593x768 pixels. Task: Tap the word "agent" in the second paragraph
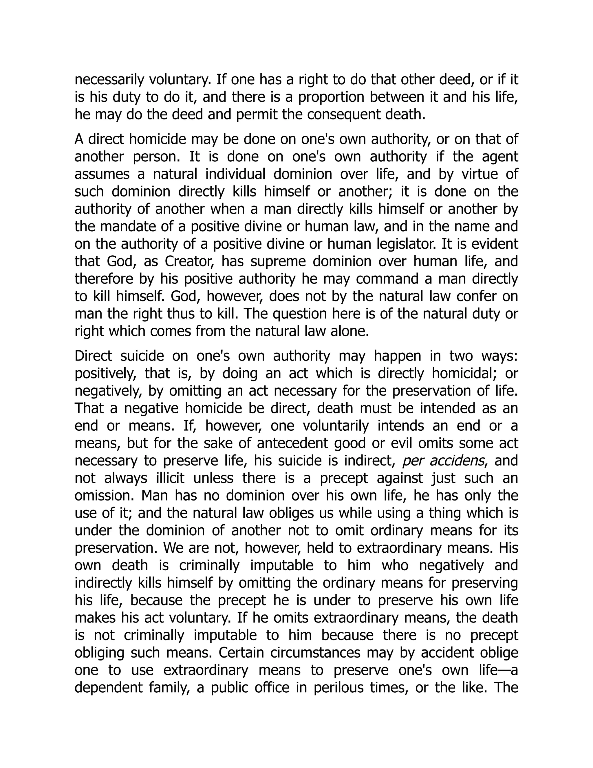(x=499, y=157)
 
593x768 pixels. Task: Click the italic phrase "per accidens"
(x=443, y=461)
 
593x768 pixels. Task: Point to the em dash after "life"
(x=504, y=671)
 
